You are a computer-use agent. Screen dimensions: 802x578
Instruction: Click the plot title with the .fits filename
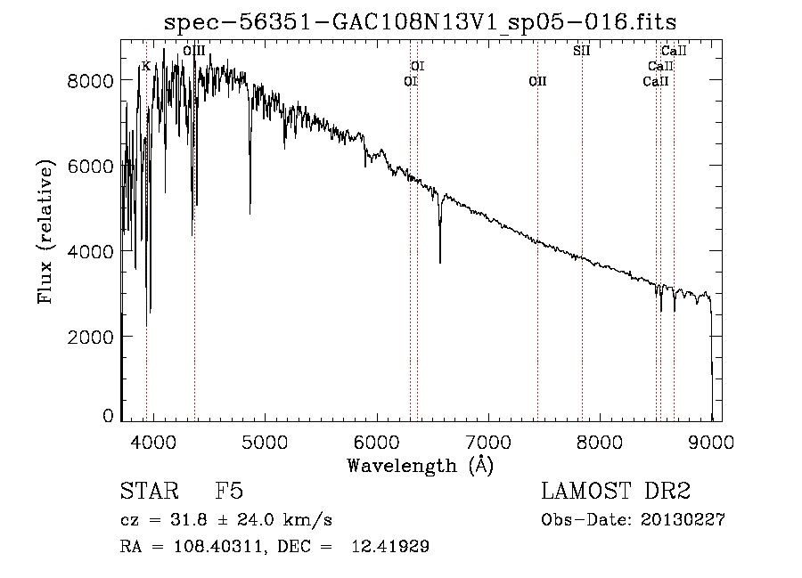click(420, 22)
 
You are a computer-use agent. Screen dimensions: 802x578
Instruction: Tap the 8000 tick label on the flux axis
click(90, 81)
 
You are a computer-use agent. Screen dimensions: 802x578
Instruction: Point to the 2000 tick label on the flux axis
click(90, 337)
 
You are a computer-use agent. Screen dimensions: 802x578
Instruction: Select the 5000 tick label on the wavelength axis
click(265, 442)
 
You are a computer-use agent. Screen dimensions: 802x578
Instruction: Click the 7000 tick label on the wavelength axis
click(488, 442)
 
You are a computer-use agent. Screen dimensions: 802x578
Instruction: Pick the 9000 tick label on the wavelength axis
click(711, 442)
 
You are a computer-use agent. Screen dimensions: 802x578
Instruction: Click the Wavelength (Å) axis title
click(420, 466)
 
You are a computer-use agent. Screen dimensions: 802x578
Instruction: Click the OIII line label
click(194, 51)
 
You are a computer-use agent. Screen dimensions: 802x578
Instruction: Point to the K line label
click(146, 67)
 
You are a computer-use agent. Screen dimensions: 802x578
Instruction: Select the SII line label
click(582, 51)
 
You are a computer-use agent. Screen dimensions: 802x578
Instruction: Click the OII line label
click(537, 81)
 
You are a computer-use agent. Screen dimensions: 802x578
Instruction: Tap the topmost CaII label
click(674, 51)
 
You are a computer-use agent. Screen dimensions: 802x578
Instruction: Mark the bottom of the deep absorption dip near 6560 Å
click(440, 263)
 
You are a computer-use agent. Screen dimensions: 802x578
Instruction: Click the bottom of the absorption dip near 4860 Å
click(250, 214)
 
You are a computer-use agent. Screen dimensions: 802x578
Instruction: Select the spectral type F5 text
click(229, 491)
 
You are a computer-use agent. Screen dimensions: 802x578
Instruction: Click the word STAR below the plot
click(150, 491)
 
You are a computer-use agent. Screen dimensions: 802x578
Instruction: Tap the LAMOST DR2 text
click(616, 491)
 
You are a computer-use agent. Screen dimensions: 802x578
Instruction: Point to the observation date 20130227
click(683, 520)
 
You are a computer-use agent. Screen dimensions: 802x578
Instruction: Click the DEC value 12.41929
click(390, 547)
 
